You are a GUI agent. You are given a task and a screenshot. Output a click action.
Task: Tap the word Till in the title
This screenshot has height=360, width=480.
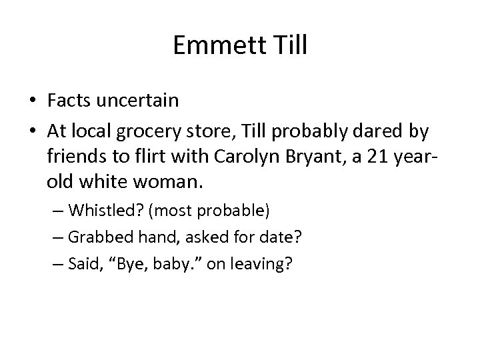(x=287, y=45)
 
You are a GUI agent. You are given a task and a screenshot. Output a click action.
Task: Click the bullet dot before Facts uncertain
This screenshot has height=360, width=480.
(x=32, y=101)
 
